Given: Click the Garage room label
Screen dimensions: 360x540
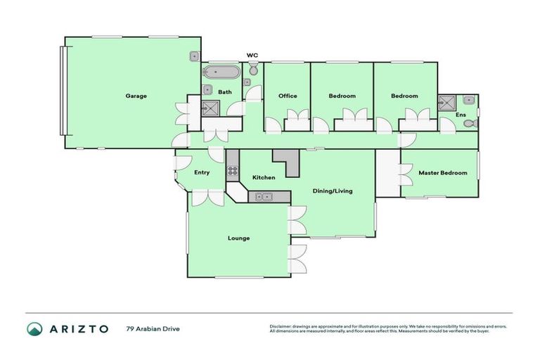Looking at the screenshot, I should [136, 96].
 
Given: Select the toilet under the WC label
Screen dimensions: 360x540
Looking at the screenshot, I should [253, 70].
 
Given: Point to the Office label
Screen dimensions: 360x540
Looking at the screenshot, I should [288, 96].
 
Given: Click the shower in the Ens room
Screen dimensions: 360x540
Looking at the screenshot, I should [446, 103].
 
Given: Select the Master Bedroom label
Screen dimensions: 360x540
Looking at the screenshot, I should [442, 172].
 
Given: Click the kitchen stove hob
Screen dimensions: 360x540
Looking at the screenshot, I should [233, 170].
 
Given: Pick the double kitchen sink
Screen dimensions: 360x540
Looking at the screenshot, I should [264, 196].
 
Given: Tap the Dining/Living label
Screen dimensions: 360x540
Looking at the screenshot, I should [333, 191].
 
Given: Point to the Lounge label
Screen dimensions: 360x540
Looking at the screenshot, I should [238, 238].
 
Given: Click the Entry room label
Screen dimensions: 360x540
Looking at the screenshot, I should [202, 172].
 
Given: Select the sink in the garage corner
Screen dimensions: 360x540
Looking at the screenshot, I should [194, 56].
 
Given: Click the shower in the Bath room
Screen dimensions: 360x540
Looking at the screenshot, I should [210, 108].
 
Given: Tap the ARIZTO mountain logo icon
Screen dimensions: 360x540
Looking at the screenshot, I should [34, 328].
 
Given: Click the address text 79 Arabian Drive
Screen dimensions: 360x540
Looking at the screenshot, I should [153, 328].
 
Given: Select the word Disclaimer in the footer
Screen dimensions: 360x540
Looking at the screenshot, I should [281, 326].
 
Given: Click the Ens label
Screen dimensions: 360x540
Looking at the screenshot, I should [461, 114].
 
